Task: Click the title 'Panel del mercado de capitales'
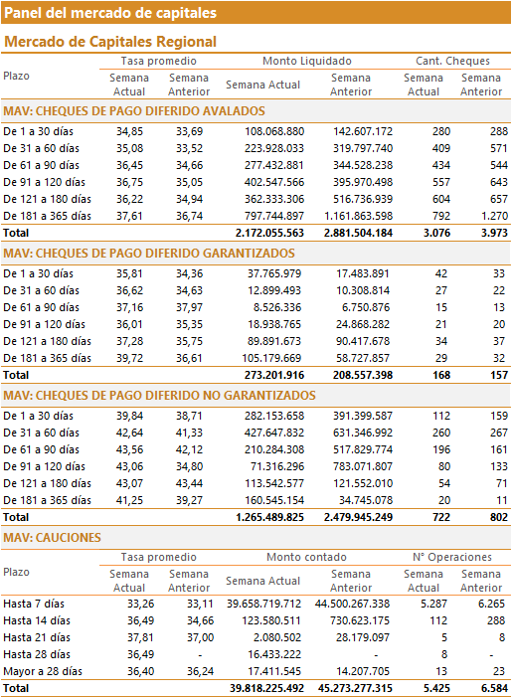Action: [x=110, y=13]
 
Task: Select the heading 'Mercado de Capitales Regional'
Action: [x=110, y=42]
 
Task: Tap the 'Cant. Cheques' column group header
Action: [x=452, y=61]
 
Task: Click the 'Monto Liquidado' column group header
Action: [x=306, y=61]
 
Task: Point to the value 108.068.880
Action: [x=274, y=131]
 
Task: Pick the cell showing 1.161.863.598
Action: [x=358, y=216]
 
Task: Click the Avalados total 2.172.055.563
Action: [x=269, y=233]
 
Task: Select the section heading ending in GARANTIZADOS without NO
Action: [x=149, y=254]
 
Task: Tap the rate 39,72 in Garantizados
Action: [x=130, y=358]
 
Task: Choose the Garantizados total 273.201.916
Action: [x=274, y=375]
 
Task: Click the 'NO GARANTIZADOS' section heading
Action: [x=159, y=396]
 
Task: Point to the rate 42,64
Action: [x=130, y=433]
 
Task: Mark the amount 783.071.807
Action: [x=363, y=466]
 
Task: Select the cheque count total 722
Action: [x=441, y=517]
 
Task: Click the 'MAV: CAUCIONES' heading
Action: [x=52, y=538]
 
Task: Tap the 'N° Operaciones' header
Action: [x=452, y=557]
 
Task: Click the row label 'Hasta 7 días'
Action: [x=34, y=604]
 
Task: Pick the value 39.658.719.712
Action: [x=263, y=604]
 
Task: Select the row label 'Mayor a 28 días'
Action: [x=43, y=671]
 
